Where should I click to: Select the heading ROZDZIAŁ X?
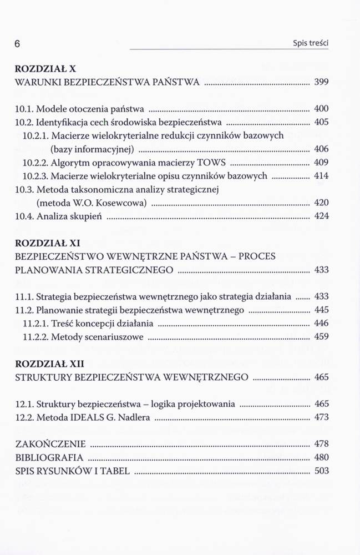click(44, 70)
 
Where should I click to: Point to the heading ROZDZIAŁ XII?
click(48, 364)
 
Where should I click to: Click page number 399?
click(321, 82)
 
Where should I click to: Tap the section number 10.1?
click(24, 109)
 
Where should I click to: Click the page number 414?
click(321, 176)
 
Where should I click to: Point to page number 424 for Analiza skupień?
click(321, 216)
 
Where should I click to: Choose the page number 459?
click(321, 336)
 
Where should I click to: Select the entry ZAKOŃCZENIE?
click(50, 444)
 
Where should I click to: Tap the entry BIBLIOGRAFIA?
click(50, 458)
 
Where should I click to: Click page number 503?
click(321, 471)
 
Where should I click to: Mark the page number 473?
click(321, 417)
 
